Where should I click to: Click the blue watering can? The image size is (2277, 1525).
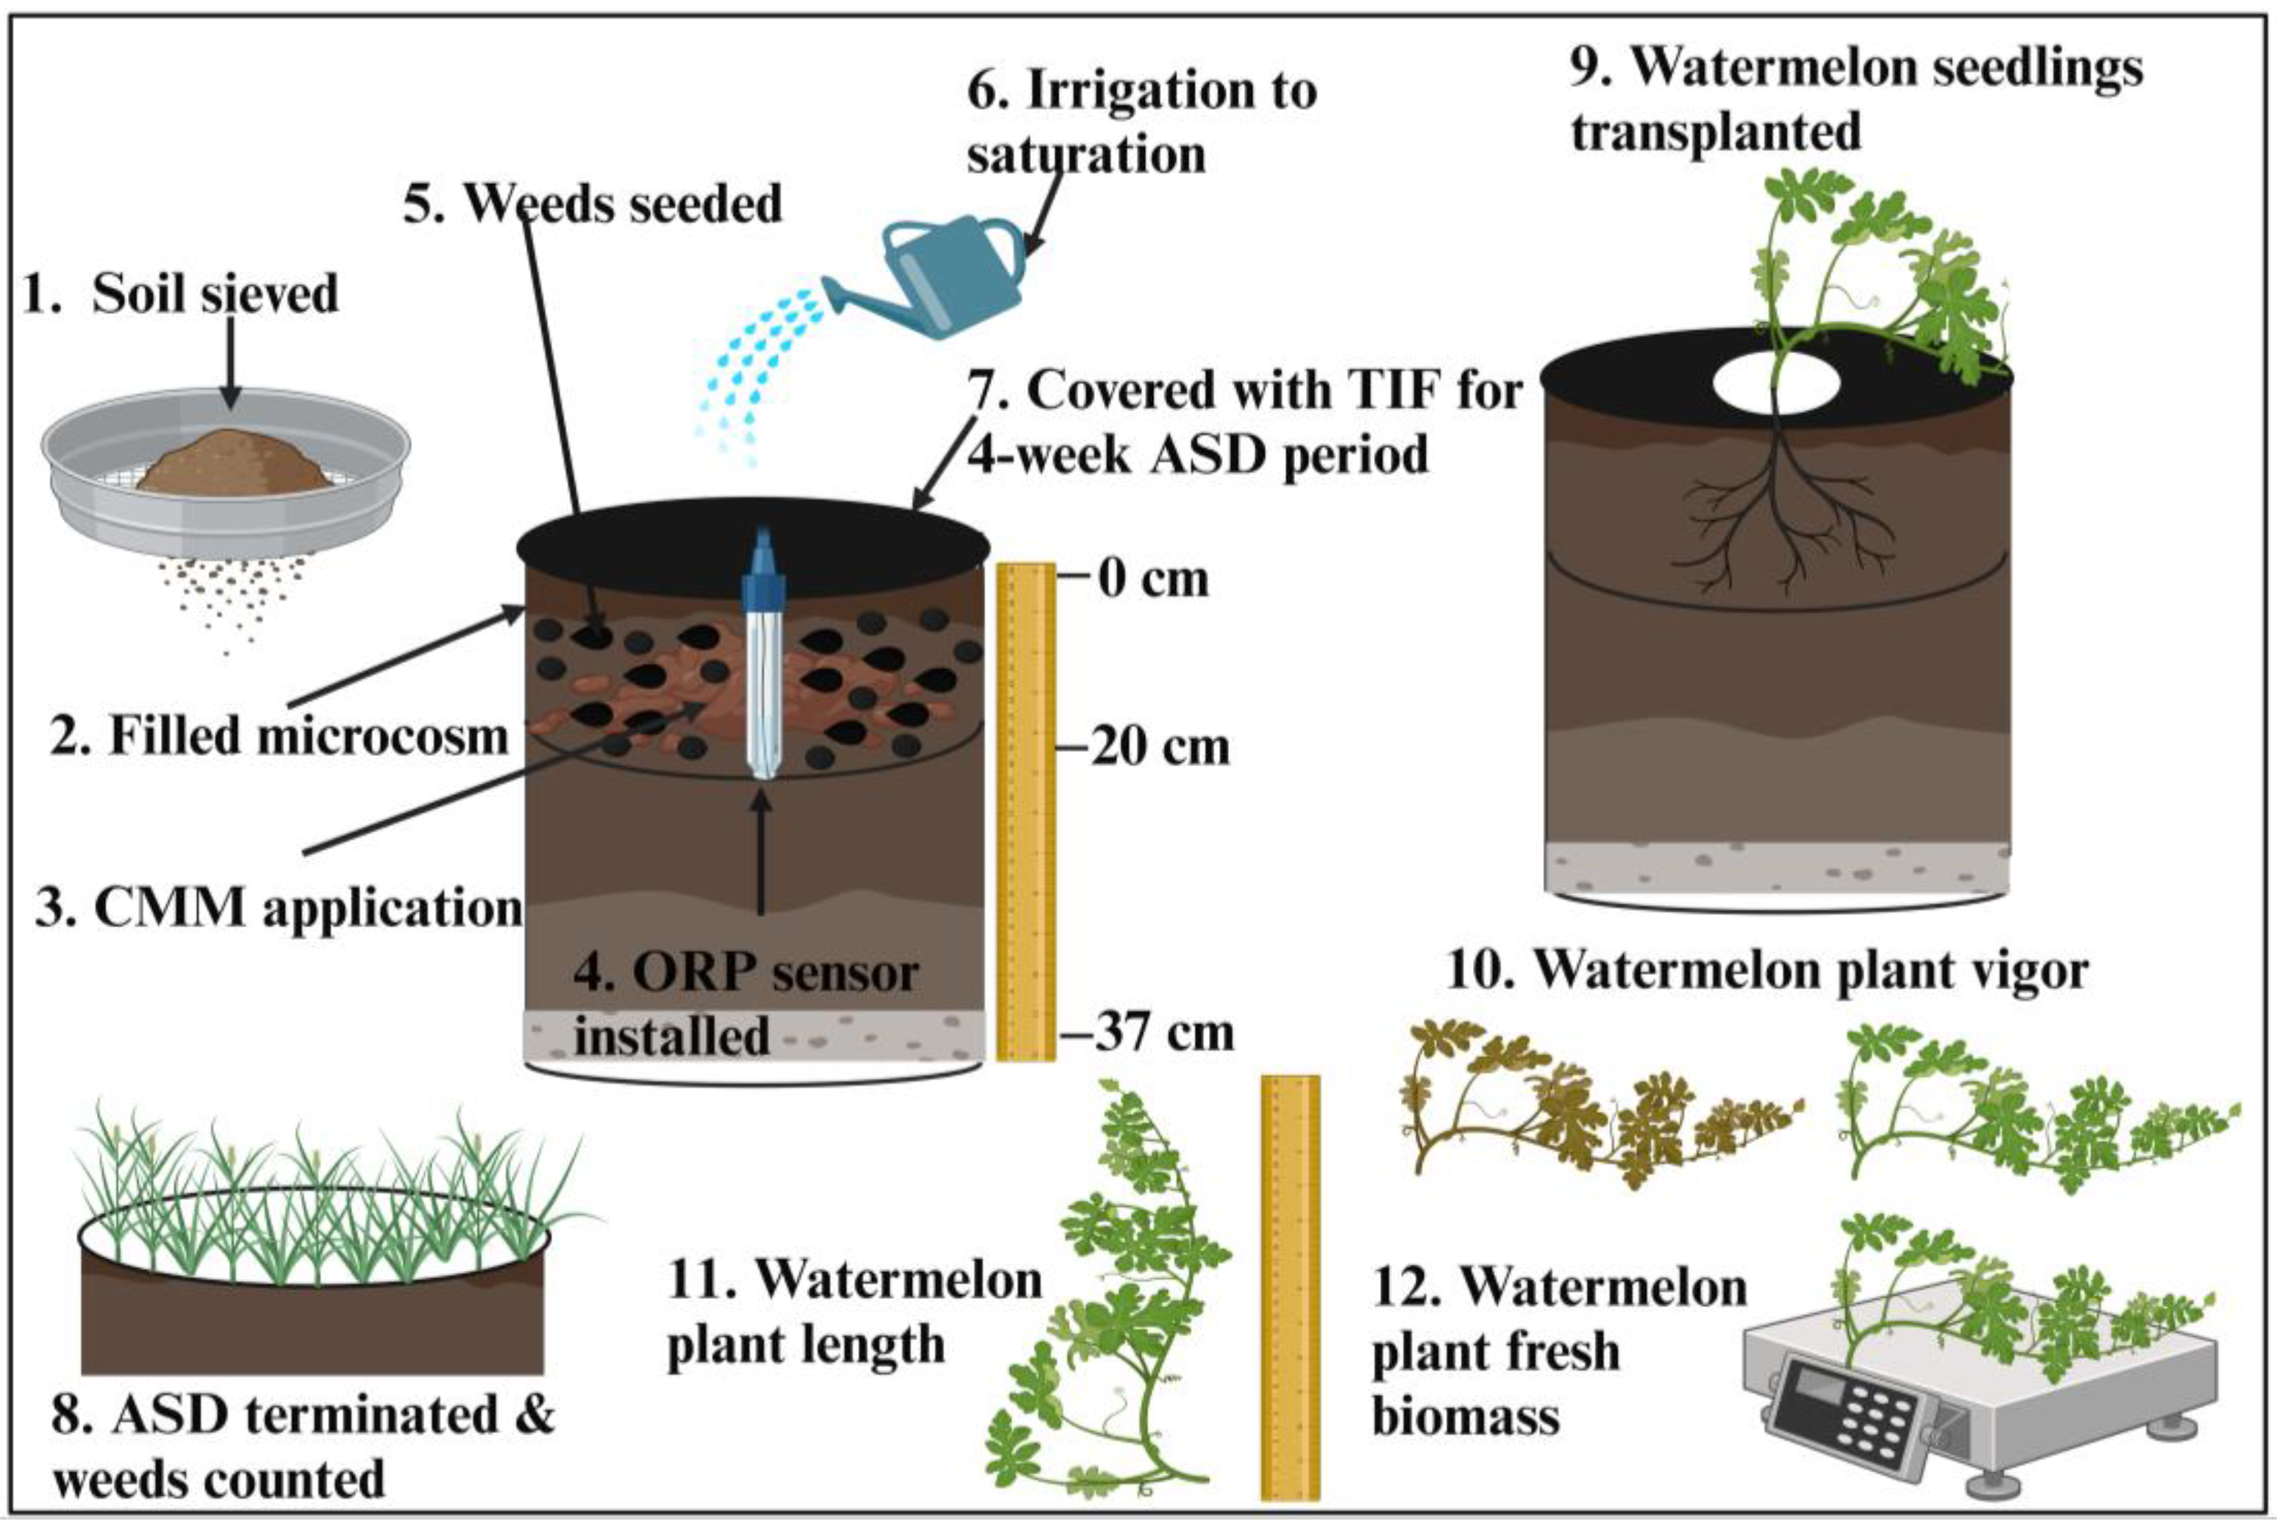948,277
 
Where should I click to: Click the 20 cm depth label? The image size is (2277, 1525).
1159,748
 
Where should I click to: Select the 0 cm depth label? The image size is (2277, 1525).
1153,579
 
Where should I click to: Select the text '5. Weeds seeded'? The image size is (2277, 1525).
593,204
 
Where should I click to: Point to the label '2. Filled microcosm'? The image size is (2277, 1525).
279,736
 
